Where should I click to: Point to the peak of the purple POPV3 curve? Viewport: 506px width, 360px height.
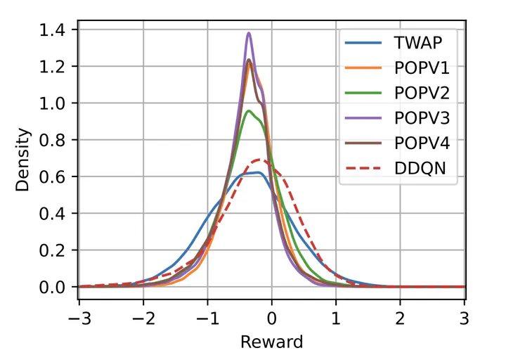pyautogui.click(x=249, y=33)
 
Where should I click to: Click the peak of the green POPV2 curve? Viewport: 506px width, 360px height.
pyautogui.click(x=248, y=110)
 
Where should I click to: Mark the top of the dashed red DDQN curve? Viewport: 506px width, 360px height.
pyautogui.click(x=258, y=160)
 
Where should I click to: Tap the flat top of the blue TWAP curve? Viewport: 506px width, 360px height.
pyautogui.click(x=254, y=173)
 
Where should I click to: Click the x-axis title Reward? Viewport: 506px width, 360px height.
pyautogui.click(x=271, y=342)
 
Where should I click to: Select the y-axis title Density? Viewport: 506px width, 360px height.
pyautogui.click(x=24, y=158)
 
